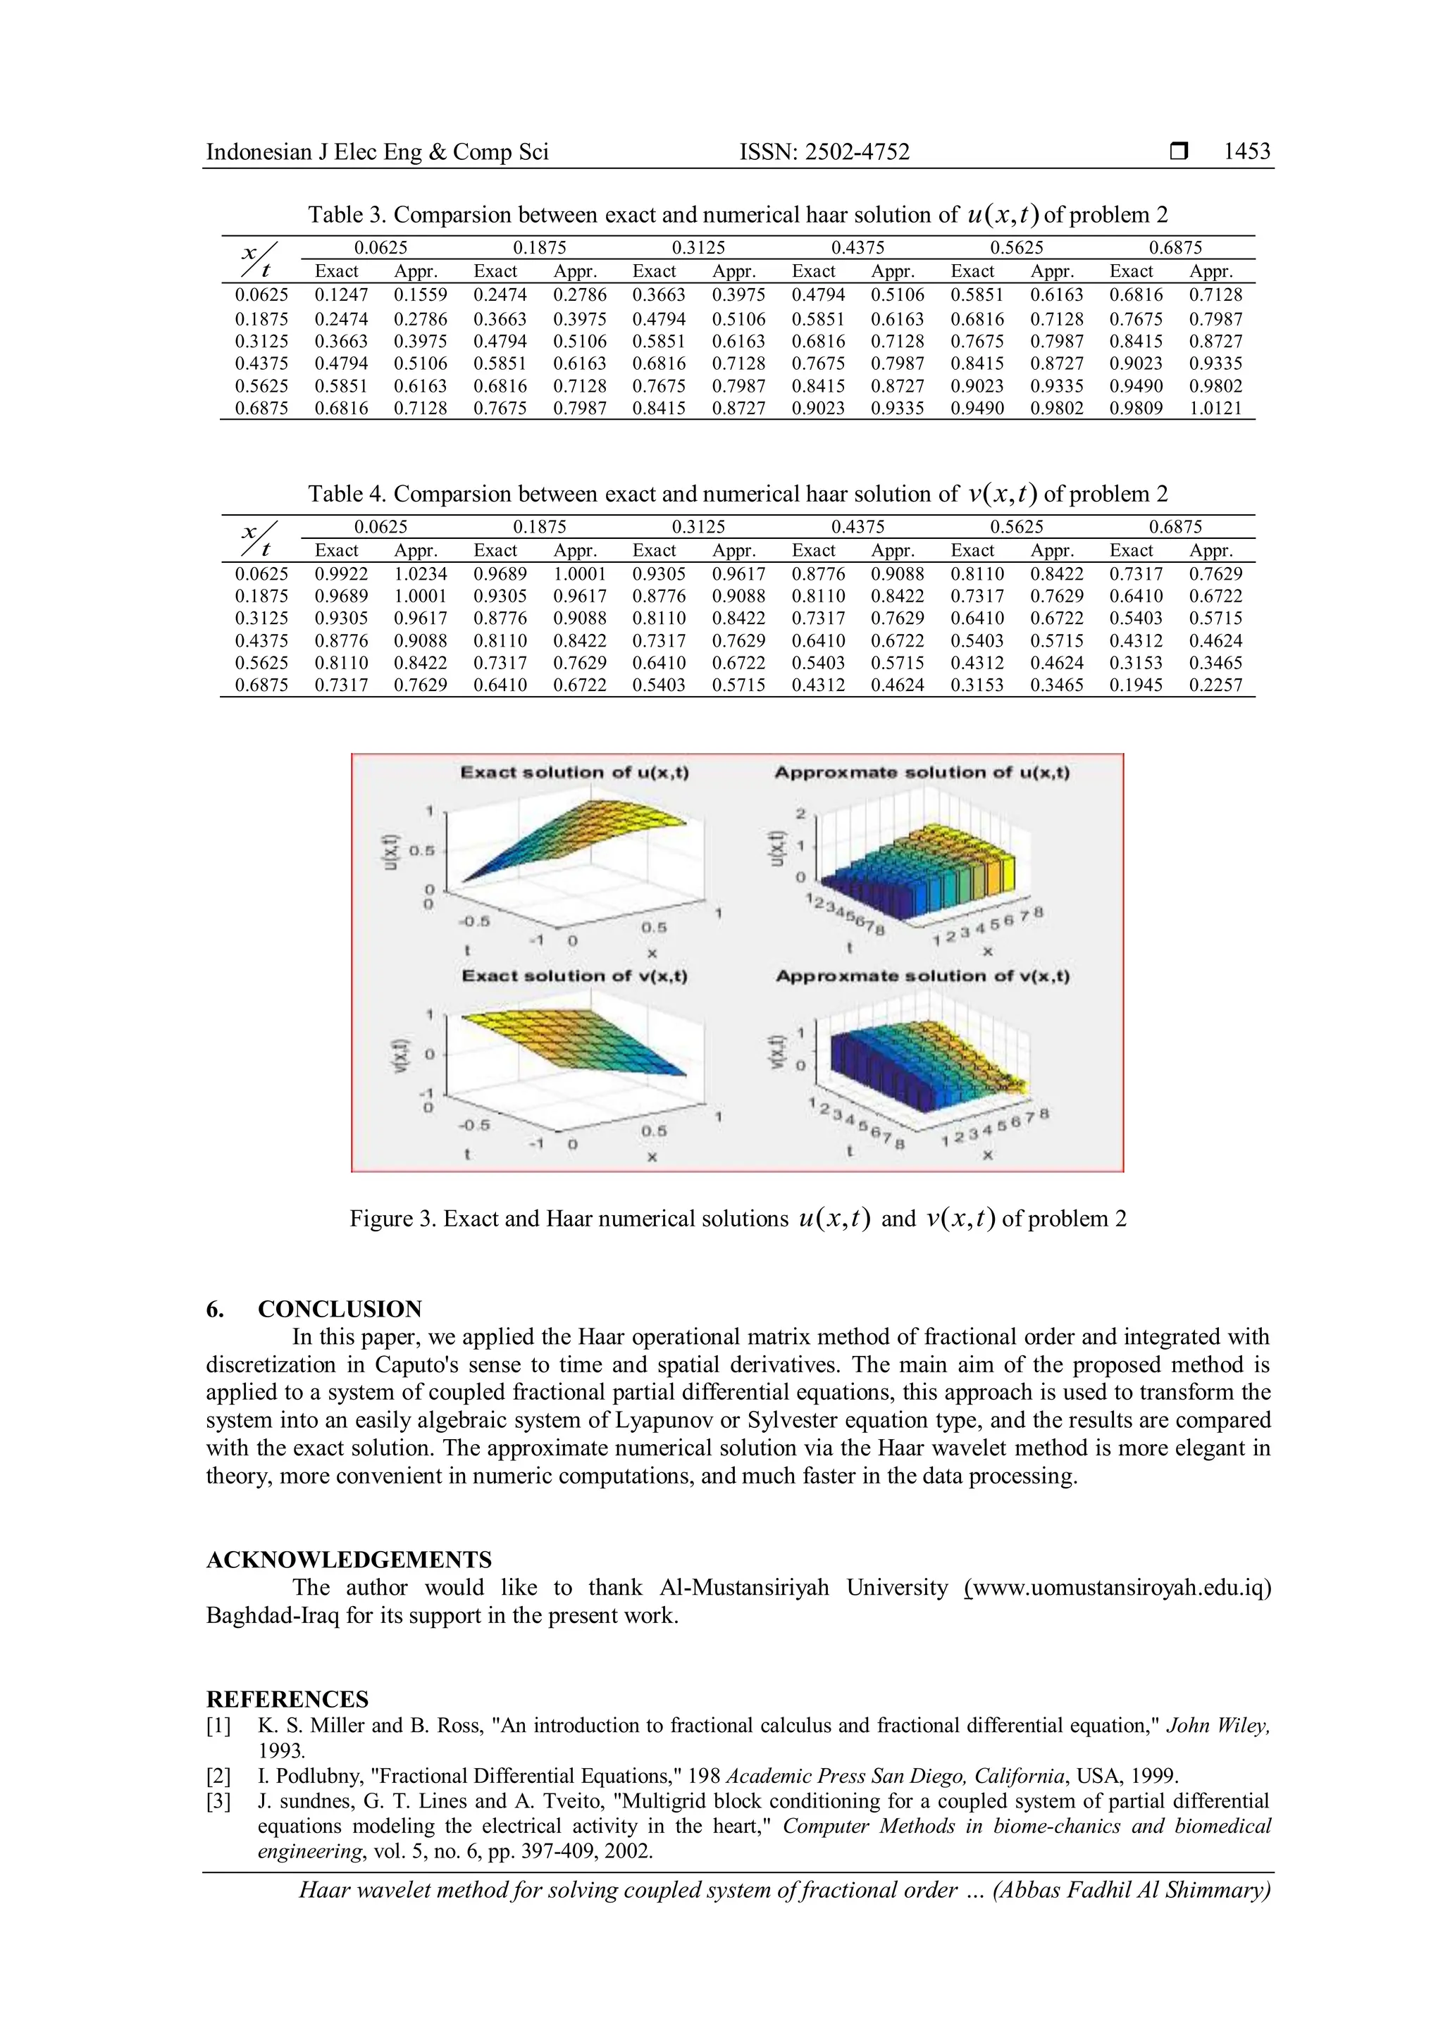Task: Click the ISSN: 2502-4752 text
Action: [x=824, y=152]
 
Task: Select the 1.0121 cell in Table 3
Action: [x=1215, y=409]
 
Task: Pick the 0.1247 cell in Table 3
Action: [x=340, y=295]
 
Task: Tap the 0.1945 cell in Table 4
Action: [x=1136, y=685]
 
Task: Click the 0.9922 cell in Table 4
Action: [x=340, y=574]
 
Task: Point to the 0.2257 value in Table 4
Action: [x=1215, y=685]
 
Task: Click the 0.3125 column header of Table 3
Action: [x=698, y=248]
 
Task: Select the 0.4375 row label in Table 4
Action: [x=261, y=640]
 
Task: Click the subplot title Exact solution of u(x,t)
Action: [x=574, y=772]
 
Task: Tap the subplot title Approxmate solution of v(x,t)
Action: [x=922, y=976]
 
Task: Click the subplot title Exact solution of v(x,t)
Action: [x=574, y=976]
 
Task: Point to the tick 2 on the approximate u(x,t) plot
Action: [x=800, y=814]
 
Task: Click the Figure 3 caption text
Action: [x=738, y=1219]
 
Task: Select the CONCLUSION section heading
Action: [x=340, y=1309]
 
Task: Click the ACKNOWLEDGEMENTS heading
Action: [x=348, y=1560]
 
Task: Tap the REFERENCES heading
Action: [x=287, y=1700]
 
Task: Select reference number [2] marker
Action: [x=218, y=1776]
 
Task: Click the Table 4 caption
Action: [x=738, y=494]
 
